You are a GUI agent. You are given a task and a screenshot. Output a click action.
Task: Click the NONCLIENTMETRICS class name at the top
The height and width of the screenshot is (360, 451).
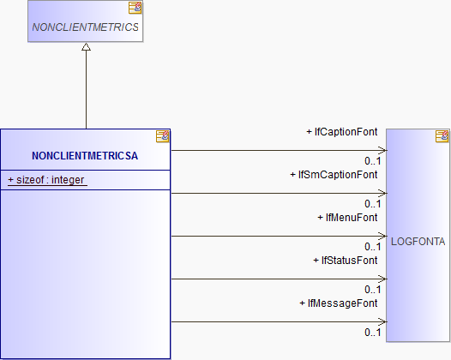coord(85,27)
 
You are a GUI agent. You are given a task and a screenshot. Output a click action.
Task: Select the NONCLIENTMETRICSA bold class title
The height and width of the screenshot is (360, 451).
coord(85,155)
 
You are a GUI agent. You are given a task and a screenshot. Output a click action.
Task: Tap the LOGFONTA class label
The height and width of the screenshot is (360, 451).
coord(418,242)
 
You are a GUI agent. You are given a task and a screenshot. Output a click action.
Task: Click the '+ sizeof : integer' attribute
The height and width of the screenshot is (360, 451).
coord(46,180)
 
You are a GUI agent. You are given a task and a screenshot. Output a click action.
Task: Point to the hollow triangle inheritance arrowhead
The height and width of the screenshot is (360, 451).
coord(86,46)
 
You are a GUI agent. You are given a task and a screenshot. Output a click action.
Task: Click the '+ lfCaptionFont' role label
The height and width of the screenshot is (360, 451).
coord(342,132)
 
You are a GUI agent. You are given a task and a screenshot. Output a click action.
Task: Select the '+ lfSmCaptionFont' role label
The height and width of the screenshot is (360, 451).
coord(334,175)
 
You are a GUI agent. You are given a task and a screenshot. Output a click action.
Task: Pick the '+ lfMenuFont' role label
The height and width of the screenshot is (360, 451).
coord(347,218)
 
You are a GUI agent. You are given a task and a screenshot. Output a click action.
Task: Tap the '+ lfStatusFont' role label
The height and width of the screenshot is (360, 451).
coord(346,261)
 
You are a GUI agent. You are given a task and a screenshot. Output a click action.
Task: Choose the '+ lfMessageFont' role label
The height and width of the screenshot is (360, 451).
coord(339,303)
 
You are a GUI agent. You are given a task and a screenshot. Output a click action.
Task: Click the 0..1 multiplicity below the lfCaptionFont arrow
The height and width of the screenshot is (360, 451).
coord(373,161)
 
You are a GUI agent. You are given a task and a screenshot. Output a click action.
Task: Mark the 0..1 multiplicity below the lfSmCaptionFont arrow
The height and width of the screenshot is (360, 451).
coord(373,204)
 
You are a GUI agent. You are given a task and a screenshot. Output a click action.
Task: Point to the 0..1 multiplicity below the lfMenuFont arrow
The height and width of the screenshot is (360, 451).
coord(373,247)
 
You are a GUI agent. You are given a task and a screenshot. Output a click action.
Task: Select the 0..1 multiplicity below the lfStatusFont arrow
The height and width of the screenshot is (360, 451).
coord(373,290)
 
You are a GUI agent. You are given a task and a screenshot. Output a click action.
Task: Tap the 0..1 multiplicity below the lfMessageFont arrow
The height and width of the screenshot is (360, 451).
coord(373,333)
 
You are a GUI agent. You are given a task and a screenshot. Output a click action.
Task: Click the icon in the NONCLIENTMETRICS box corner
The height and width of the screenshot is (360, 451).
coord(135,8)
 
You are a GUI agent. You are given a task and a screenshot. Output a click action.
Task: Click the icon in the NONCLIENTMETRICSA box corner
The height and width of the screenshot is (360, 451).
coord(163,136)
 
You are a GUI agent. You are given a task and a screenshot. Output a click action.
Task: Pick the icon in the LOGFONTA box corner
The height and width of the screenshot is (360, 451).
coord(442,136)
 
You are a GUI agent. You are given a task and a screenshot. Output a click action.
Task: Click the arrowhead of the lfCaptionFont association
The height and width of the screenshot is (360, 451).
coord(382,150)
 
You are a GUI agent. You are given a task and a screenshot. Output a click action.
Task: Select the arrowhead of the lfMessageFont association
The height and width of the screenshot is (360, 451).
coord(382,321)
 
